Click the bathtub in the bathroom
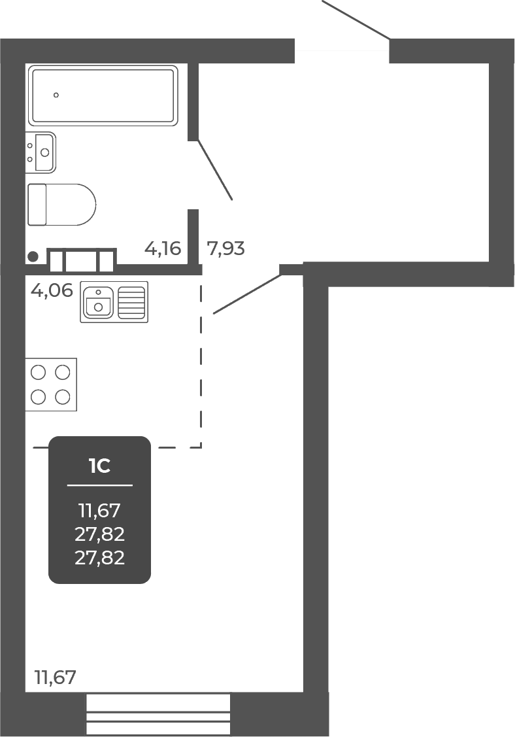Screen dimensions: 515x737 click(103, 95)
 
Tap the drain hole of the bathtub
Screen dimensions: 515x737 click(56, 95)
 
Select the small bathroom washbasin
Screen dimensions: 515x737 click(41, 152)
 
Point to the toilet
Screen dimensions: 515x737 click(61, 205)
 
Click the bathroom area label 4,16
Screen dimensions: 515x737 click(163, 249)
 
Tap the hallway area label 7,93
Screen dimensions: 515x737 click(225, 249)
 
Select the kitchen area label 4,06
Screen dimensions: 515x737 click(52, 290)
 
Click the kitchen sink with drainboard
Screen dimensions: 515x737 click(114, 301)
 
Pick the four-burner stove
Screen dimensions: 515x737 click(51, 385)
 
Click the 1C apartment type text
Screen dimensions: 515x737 click(99, 466)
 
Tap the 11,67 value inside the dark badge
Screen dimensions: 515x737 click(99, 510)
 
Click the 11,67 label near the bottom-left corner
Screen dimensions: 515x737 click(55, 677)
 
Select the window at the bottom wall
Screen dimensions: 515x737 click(158, 715)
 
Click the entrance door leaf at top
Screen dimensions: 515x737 click(356, 19)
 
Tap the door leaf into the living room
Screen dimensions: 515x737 click(247, 294)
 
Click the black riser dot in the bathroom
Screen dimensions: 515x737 click(33, 256)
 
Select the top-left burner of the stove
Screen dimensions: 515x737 click(38, 372)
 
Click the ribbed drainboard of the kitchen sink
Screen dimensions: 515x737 click(131, 301)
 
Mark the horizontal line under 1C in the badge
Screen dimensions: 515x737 click(99, 485)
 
